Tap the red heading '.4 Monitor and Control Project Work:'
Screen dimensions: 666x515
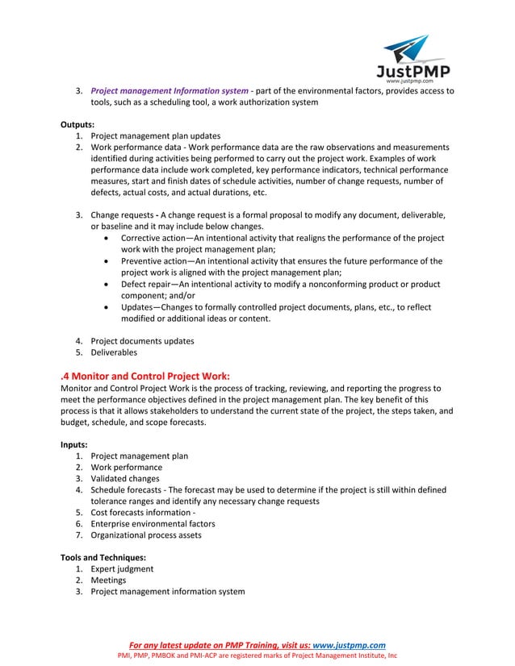pyautogui.click(x=145, y=376)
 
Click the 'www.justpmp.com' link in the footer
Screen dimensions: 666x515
pyautogui.click(x=349, y=645)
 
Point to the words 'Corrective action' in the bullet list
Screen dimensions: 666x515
pyautogui.click(x=156, y=239)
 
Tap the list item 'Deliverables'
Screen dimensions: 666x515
pyautogui.click(x=114, y=352)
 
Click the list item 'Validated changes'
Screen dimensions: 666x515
pyautogui.click(x=126, y=479)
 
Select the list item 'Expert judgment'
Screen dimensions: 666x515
pyautogui.click(x=122, y=568)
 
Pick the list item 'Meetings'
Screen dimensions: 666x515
pyautogui.click(x=108, y=580)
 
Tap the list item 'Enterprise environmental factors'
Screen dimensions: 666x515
pyautogui.click(x=153, y=523)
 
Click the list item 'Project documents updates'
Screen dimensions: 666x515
pyautogui.click(x=142, y=341)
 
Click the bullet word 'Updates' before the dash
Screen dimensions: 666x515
pyautogui.click(x=138, y=307)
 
